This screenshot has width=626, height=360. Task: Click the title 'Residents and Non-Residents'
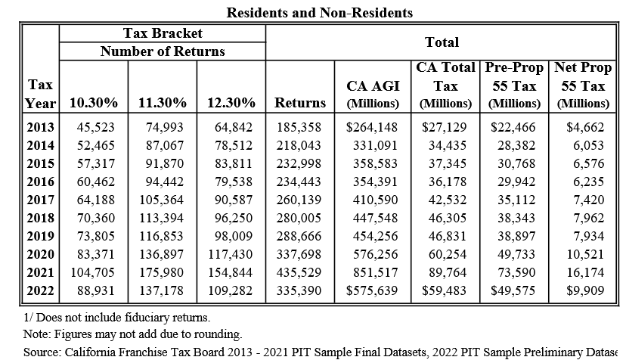pos(321,13)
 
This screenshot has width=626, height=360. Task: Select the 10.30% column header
pos(93,102)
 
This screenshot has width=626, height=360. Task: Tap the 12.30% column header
pos(231,102)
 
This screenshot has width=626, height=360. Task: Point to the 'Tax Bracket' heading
pos(163,34)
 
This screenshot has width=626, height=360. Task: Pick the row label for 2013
pos(40,127)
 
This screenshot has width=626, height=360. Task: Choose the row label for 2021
pos(40,273)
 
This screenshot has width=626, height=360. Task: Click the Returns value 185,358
pos(300,127)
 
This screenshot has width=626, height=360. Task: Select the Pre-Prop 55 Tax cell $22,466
pos(514,127)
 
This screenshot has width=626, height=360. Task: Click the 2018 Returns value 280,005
pos(300,219)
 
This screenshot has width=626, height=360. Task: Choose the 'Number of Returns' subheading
pos(163,51)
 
